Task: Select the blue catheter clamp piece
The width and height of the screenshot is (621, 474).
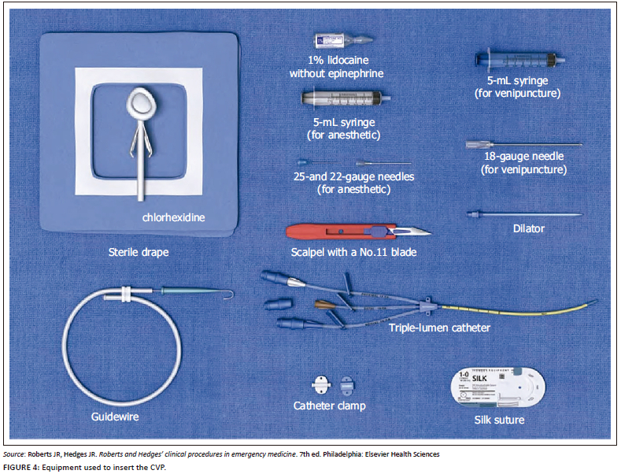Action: click(348, 386)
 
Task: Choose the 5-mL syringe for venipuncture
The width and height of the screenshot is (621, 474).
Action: click(516, 60)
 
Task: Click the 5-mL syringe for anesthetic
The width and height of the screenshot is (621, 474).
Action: click(343, 99)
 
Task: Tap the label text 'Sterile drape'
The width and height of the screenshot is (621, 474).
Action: click(139, 254)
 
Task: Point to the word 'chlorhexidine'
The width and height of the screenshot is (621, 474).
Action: click(172, 215)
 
